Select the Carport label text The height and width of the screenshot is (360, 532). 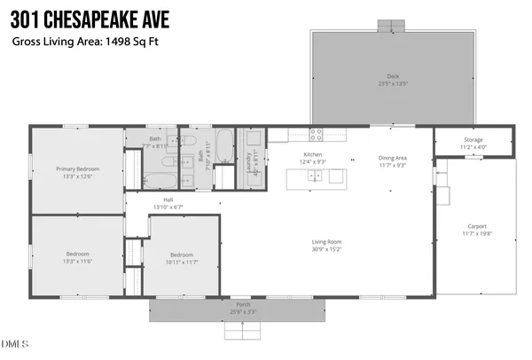(476, 226)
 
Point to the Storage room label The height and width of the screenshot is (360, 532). (473, 140)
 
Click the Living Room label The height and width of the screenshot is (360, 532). (327, 242)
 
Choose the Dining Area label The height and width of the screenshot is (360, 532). (392, 158)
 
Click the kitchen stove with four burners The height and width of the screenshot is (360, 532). (316, 135)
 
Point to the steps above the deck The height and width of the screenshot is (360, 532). (390, 25)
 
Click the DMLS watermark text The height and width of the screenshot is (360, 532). (15, 344)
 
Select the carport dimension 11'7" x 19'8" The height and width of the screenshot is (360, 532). (476, 235)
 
